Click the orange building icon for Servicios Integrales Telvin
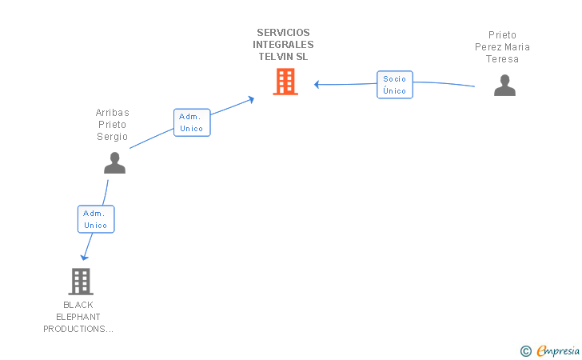(x=285, y=82)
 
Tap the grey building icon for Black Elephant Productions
(x=80, y=282)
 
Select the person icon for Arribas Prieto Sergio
(x=114, y=162)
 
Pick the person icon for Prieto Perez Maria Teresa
(x=504, y=85)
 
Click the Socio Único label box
(x=395, y=85)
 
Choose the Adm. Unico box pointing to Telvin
(x=192, y=122)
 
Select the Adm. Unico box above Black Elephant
(x=96, y=219)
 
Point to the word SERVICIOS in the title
(x=283, y=33)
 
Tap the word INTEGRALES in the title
(x=283, y=45)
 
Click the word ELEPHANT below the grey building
(x=78, y=317)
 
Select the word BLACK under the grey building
(x=78, y=305)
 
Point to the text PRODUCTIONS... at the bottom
(x=78, y=329)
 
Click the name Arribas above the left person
(x=113, y=113)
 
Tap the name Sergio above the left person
(x=113, y=137)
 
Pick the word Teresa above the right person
(x=502, y=59)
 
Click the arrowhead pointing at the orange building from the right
(x=317, y=84)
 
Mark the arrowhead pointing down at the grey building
(x=84, y=257)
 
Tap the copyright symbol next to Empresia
(x=525, y=350)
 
